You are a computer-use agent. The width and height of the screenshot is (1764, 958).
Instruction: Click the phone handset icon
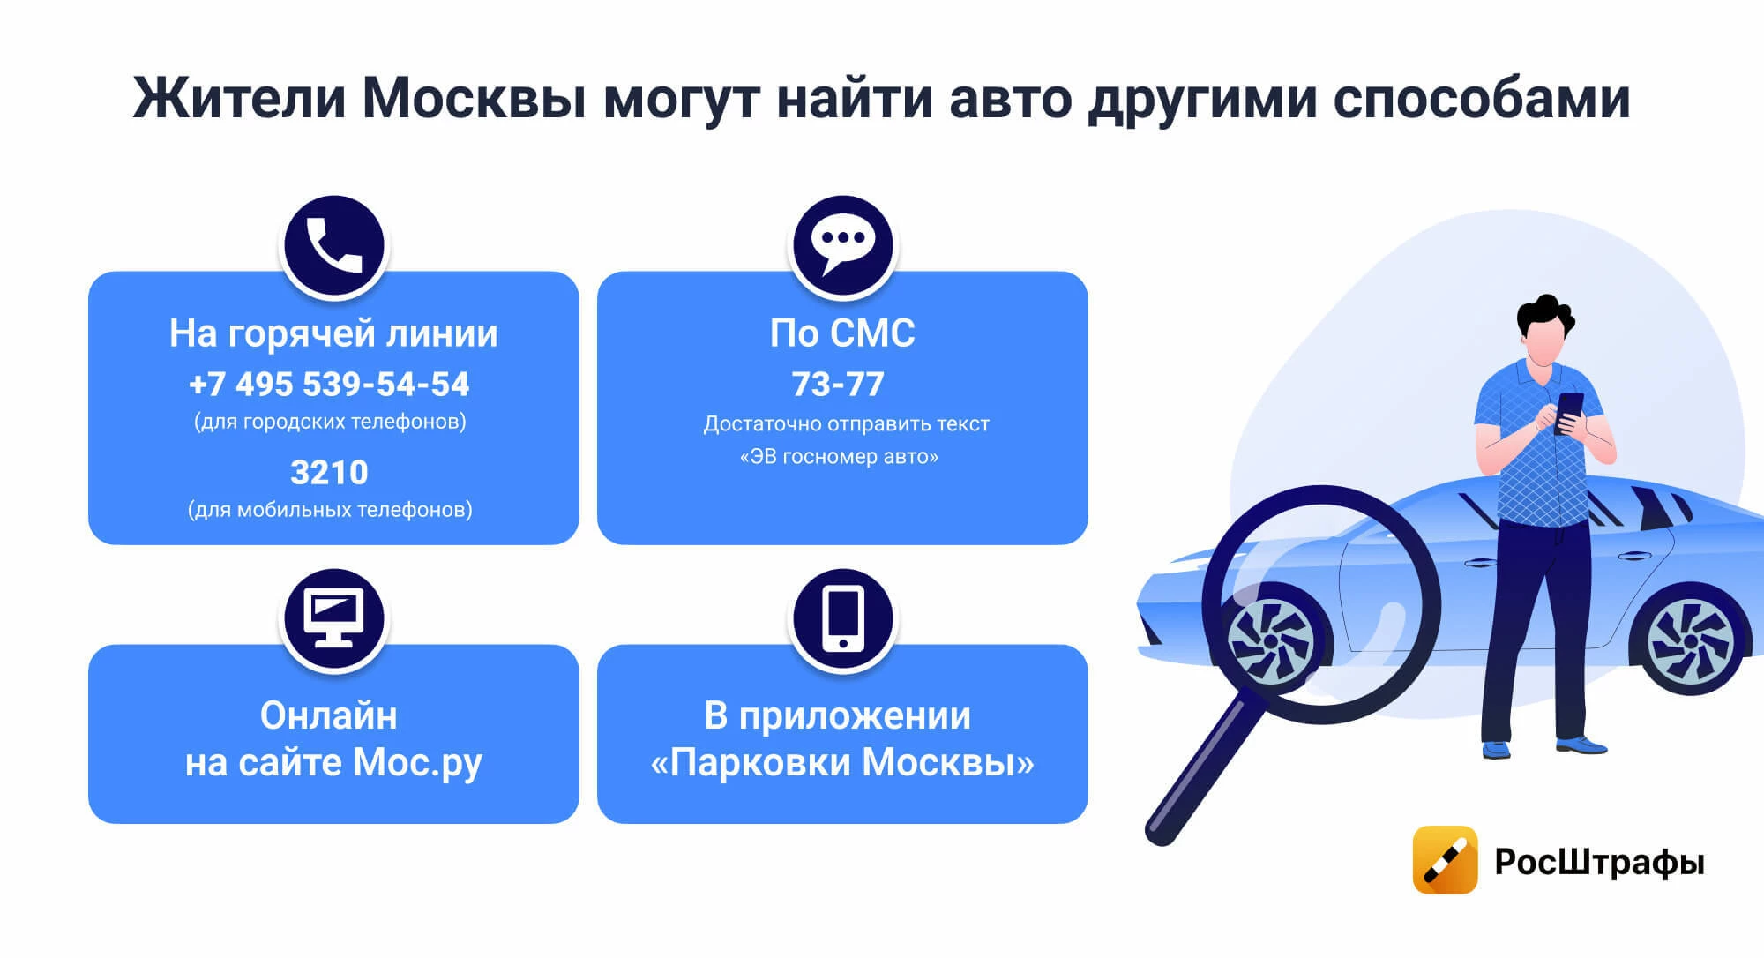333,246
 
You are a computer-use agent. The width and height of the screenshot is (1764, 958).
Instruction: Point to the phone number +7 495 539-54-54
329,385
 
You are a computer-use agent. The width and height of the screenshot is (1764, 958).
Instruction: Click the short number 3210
329,473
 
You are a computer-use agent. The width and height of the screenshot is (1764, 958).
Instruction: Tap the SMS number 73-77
838,385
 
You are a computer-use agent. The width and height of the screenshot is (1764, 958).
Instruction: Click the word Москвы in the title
475,98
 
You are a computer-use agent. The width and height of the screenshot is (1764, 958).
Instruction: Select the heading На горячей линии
333,333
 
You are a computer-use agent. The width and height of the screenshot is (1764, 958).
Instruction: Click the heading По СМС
842,333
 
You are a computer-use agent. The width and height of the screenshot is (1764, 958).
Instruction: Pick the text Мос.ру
417,763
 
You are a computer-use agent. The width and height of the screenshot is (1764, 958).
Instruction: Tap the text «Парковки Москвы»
842,762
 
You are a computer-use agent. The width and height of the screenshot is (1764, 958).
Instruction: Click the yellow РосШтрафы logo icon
1445,860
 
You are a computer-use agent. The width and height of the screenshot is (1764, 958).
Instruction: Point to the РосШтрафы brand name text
1599,862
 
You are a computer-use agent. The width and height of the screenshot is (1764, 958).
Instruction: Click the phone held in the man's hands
1568,413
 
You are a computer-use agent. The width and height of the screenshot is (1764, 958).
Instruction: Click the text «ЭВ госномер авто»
839,457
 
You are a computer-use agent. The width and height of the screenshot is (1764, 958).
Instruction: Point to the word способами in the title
1482,98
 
